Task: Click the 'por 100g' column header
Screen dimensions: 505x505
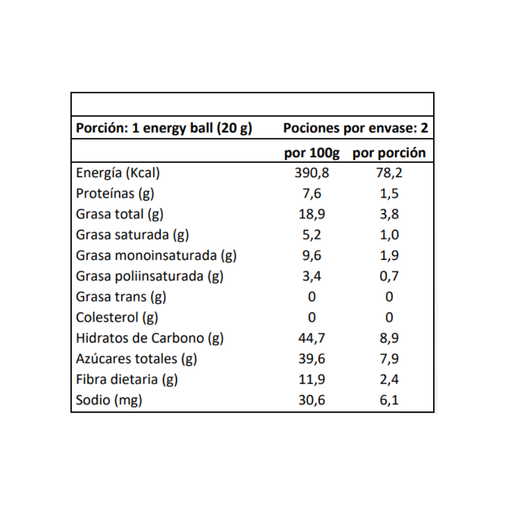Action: [x=311, y=153]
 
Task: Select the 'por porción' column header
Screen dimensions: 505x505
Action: [x=389, y=153]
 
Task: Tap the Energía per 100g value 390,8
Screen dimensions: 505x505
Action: [x=311, y=173]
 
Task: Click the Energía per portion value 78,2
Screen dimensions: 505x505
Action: [x=389, y=173]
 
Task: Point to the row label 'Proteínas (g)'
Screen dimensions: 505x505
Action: [x=115, y=194]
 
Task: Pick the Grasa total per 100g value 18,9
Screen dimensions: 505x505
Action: [x=311, y=214]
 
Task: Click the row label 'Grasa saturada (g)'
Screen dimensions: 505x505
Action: [x=132, y=235]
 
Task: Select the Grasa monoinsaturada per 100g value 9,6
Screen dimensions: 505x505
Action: [x=311, y=255]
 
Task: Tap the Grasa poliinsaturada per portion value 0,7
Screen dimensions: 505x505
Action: [x=389, y=276]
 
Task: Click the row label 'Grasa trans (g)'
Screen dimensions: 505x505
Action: [x=121, y=296]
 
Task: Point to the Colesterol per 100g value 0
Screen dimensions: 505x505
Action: [x=311, y=317]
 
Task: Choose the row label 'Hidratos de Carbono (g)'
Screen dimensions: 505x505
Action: [x=150, y=338]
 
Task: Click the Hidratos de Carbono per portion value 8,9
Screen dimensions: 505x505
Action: [x=389, y=338]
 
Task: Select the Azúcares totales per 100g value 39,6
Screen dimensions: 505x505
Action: [x=311, y=359]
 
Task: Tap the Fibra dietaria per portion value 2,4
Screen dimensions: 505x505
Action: [x=389, y=380]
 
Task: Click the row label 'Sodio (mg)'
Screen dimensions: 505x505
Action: [x=109, y=400]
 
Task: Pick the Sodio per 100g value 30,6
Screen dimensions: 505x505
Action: [x=311, y=400]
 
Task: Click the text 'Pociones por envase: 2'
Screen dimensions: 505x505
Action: [x=356, y=128]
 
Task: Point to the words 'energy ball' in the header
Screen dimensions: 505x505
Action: [x=178, y=128]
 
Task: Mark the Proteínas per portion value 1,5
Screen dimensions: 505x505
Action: [x=389, y=194]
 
